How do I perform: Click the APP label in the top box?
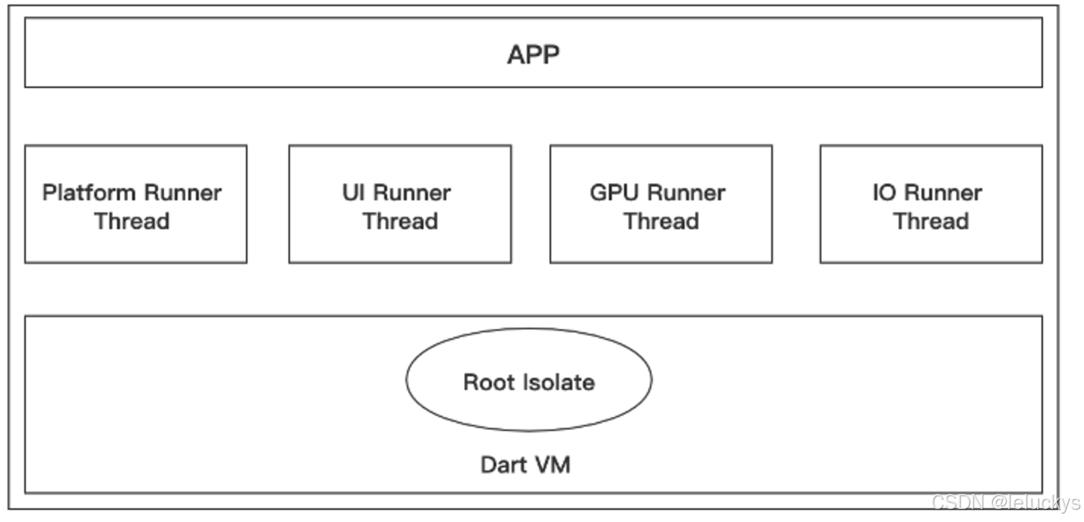(533, 54)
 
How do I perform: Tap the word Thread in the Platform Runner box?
(131, 222)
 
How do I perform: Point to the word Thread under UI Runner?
(400, 222)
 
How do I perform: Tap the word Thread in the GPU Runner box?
(661, 222)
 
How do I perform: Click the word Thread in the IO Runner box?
(931, 222)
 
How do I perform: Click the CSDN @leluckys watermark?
(1005, 502)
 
